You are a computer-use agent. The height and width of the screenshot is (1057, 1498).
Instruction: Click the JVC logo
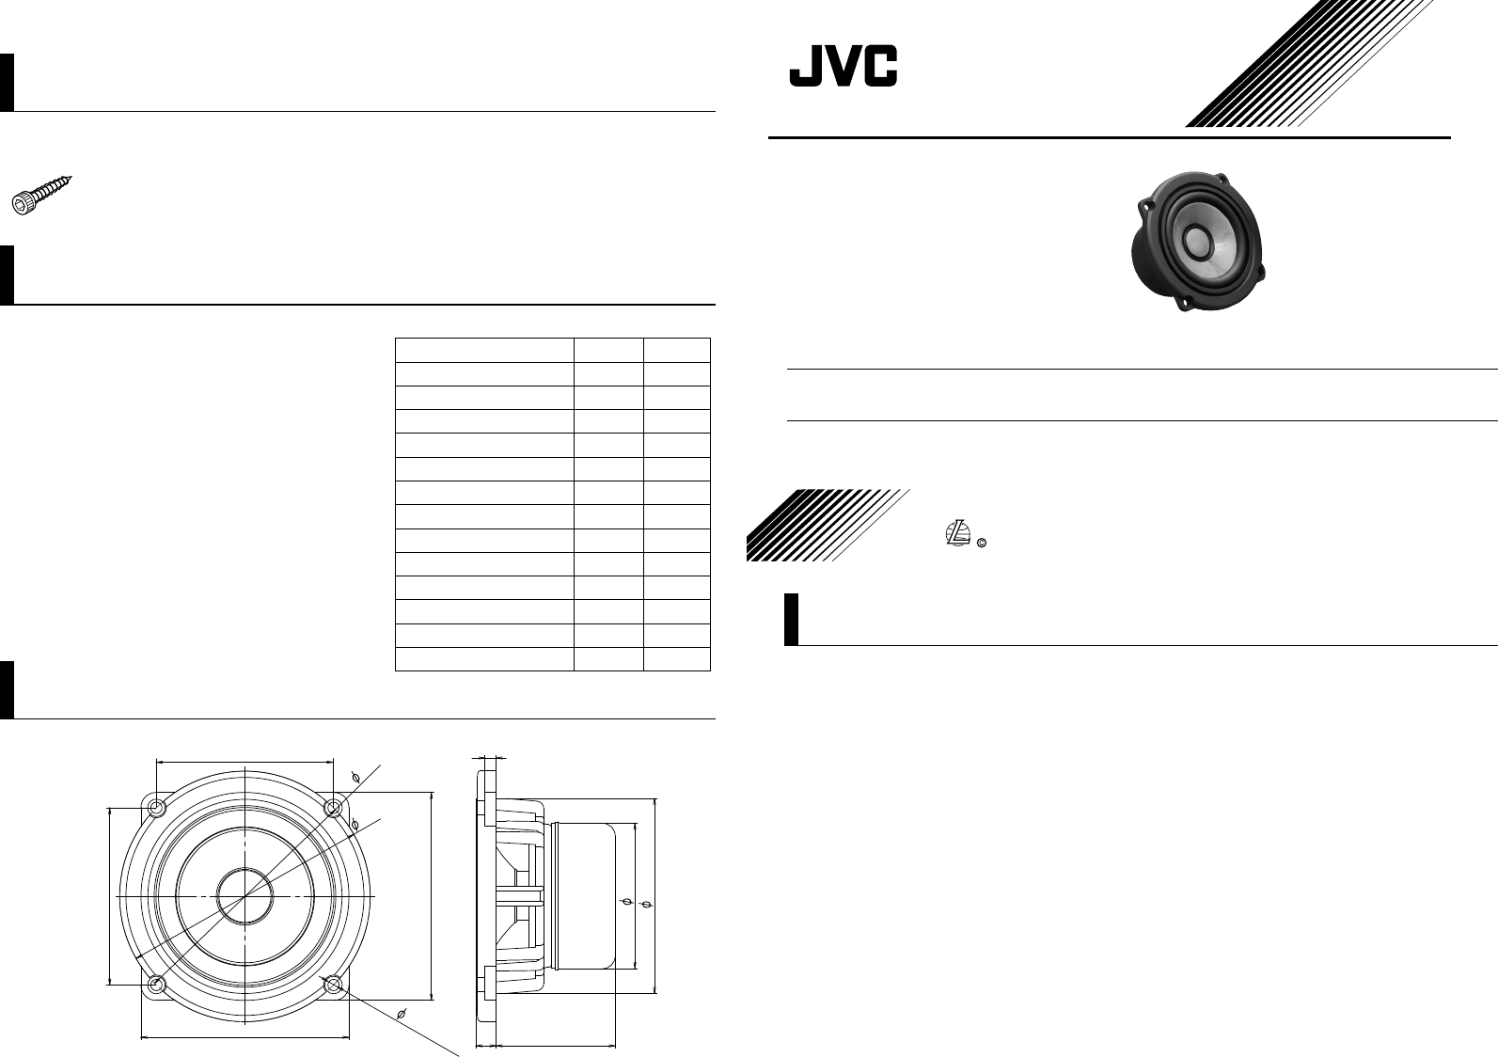(843, 67)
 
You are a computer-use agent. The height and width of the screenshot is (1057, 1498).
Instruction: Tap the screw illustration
(43, 195)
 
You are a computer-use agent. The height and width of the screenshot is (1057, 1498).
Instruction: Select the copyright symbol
(981, 544)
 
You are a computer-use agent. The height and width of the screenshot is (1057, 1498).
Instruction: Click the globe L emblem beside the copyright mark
(956, 533)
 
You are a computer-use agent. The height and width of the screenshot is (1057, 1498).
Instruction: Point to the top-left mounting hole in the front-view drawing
(157, 808)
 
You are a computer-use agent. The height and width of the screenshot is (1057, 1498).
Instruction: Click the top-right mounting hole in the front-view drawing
(333, 808)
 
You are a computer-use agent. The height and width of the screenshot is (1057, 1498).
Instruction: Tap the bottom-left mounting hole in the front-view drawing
(157, 985)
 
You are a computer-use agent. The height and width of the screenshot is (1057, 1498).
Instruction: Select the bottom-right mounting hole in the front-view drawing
(333, 985)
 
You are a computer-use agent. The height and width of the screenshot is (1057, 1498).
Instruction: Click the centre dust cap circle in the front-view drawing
(244, 896)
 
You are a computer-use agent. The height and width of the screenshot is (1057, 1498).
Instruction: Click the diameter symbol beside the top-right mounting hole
(355, 778)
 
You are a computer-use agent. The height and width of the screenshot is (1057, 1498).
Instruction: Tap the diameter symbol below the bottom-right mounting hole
(402, 1013)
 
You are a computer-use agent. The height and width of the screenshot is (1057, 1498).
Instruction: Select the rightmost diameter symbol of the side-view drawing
(645, 904)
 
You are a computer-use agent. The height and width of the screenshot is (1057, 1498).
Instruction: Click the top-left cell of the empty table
(484, 349)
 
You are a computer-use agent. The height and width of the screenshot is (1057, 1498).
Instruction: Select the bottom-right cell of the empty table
(676, 658)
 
